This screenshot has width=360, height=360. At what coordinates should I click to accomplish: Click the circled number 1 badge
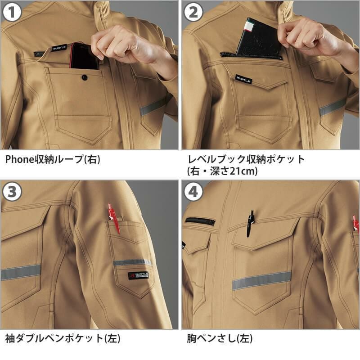pyautogui.click(x=13, y=13)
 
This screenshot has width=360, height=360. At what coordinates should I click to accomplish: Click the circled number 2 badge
pyautogui.click(x=193, y=13)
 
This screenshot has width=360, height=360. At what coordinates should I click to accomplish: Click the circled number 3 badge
pyautogui.click(x=13, y=192)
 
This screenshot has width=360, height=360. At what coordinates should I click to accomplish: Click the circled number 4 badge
pyautogui.click(x=193, y=192)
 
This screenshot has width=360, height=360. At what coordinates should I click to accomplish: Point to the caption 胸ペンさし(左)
pyautogui.click(x=220, y=338)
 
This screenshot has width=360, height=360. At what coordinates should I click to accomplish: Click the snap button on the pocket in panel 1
pyautogui.click(x=84, y=78)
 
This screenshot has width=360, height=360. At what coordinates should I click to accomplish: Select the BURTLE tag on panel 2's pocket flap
pyautogui.click(x=243, y=79)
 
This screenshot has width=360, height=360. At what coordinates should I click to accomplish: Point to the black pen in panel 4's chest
pyautogui.click(x=250, y=222)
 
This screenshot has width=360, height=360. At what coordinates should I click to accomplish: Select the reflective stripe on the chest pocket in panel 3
pyautogui.click(x=21, y=272)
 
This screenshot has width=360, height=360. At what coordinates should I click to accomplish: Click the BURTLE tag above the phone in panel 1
pyautogui.click(x=58, y=47)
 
